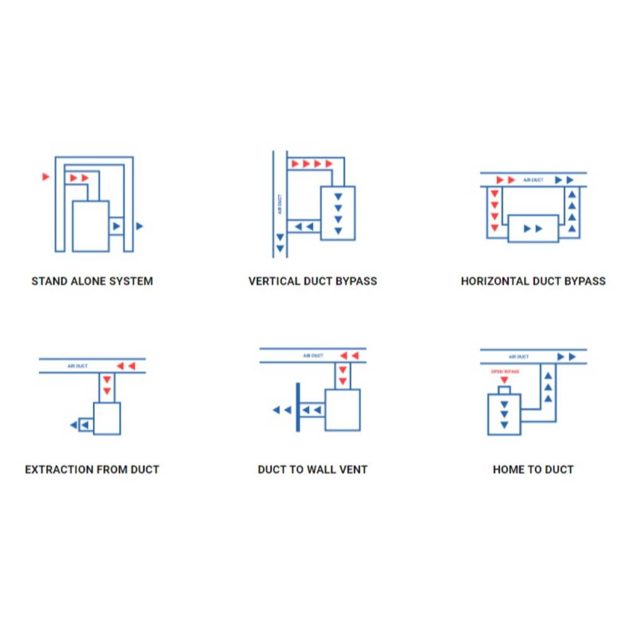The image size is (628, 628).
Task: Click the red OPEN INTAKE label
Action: click(x=505, y=372)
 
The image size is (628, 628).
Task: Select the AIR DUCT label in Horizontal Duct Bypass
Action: click(x=533, y=180)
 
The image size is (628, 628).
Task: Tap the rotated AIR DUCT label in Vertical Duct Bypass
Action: click(x=279, y=204)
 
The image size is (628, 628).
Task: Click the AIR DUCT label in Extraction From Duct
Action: click(x=77, y=366)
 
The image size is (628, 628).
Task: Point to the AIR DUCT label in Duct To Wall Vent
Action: click(x=313, y=355)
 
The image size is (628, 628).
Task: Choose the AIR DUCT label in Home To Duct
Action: click(x=519, y=357)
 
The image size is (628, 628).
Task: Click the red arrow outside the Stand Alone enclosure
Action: click(x=46, y=176)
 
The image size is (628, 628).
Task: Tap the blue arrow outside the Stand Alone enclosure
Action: click(x=139, y=226)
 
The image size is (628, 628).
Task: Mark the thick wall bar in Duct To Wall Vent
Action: click(x=298, y=408)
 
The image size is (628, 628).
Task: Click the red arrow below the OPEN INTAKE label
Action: click(x=504, y=380)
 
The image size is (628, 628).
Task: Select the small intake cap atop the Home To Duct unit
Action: click(x=504, y=391)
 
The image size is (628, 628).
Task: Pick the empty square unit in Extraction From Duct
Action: click(x=107, y=418)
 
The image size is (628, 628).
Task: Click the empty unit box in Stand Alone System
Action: click(x=90, y=226)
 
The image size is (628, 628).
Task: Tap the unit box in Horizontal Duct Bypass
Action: click(x=533, y=229)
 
